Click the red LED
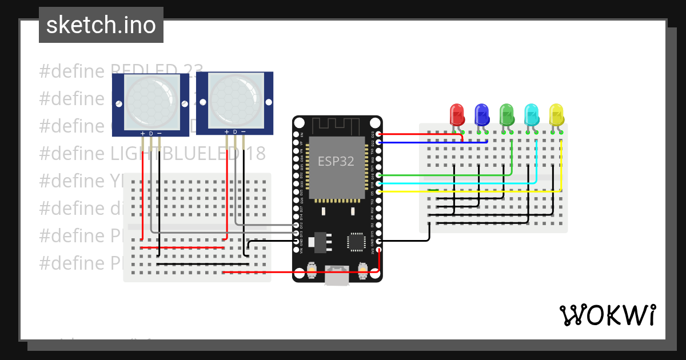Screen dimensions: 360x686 coord(457,114)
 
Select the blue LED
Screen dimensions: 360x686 coord(482,114)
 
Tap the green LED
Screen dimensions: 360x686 coord(506,114)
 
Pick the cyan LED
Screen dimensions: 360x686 coord(531,114)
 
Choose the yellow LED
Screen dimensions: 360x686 coord(556,114)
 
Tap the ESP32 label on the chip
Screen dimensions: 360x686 coord(336,161)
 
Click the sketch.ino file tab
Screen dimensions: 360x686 coord(101,25)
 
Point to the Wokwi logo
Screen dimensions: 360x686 coord(607,315)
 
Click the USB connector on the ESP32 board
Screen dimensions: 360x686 coord(337,275)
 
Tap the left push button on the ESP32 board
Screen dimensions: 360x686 coord(312,269)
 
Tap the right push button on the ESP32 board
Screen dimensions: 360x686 coord(362,269)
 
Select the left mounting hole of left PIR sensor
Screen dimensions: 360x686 coord(118,104)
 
